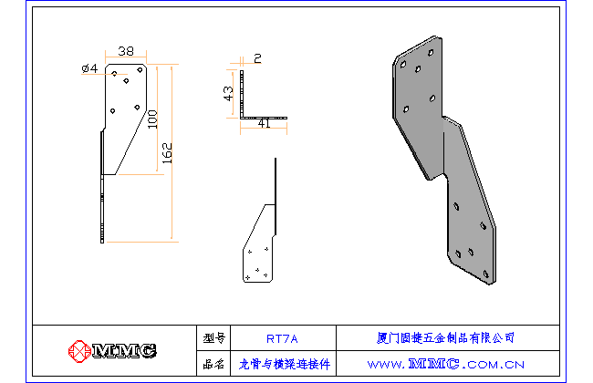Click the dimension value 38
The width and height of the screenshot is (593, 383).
click(x=127, y=51)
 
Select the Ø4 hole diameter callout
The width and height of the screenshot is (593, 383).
click(x=90, y=68)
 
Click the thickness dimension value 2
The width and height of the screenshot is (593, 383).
click(x=257, y=58)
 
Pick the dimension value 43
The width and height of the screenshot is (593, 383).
click(x=230, y=95)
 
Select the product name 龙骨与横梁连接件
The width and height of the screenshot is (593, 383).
click(x=284, y=363)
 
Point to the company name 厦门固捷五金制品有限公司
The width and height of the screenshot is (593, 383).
click(x=445, y=337)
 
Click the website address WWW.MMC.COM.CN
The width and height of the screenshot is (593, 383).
click(x=446, y=363)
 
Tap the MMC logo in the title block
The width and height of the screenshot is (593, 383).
click(x=112, y=350)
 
